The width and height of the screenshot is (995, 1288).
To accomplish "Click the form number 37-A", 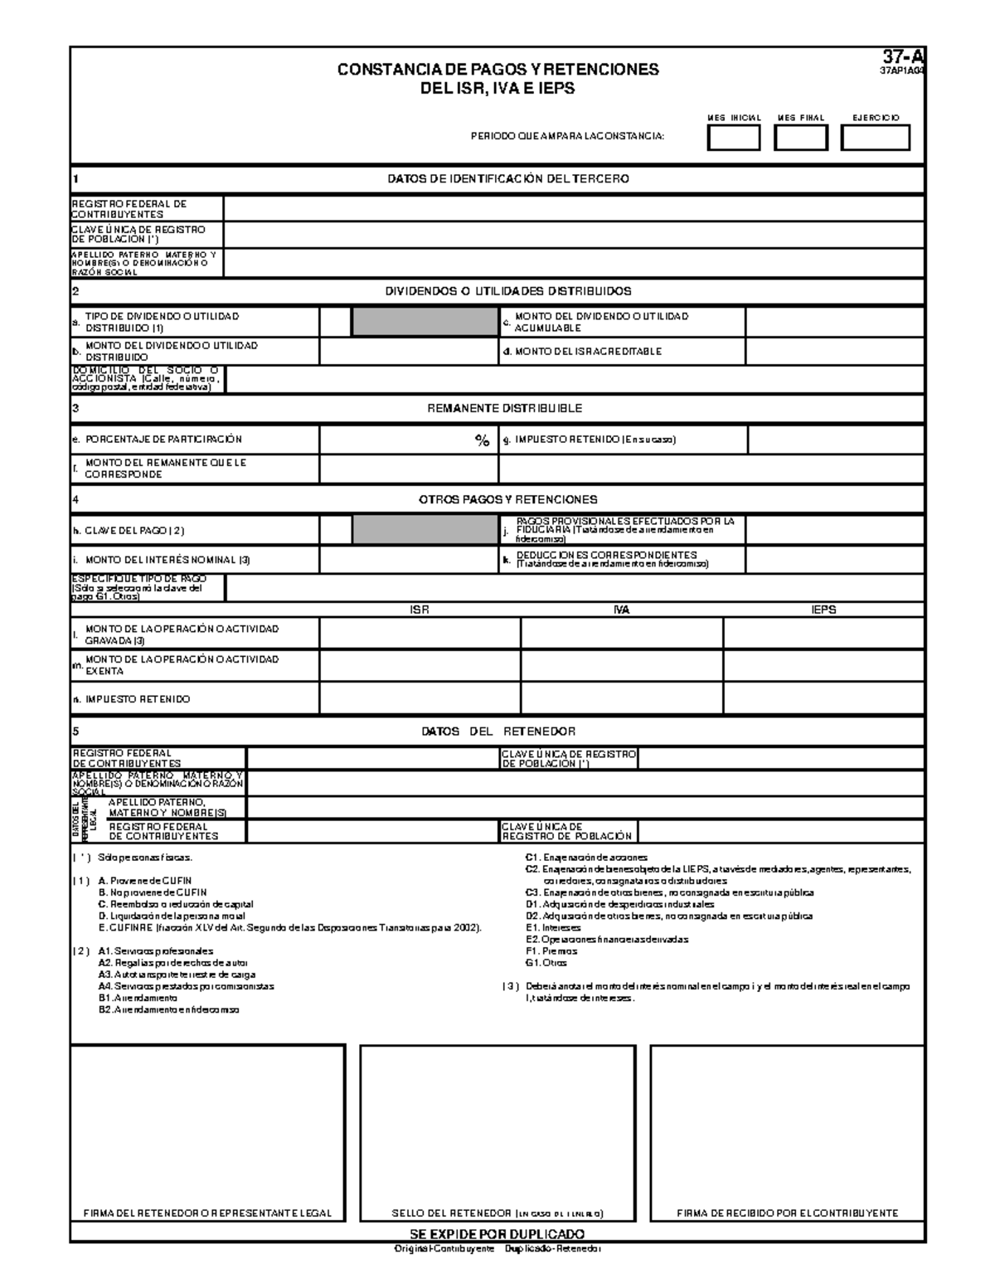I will (x=903, y=56).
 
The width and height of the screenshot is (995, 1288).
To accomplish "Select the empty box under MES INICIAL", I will (x=733, y=138).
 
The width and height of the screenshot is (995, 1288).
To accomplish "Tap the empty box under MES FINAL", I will (x=800, y=138).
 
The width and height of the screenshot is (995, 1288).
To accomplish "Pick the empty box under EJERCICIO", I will (x=875, y=138).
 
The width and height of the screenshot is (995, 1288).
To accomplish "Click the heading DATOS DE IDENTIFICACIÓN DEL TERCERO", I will (x=508, y=178).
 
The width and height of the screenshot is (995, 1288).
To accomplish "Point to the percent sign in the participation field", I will (x=482, y=441).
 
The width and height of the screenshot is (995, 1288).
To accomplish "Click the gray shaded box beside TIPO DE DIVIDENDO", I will (x=425, y=322).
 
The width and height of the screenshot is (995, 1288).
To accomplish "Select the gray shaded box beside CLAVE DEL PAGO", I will (x=425, y=530).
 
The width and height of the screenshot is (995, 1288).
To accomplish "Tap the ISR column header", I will (x=420, y=610).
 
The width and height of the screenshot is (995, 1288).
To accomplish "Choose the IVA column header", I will (x=621, y=610).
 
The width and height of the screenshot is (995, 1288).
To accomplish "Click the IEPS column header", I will (x=823, y=610).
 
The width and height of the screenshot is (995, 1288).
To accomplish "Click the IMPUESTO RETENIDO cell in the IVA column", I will (x=621, y=699).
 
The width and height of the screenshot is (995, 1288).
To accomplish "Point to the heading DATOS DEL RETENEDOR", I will (x=498, y=731).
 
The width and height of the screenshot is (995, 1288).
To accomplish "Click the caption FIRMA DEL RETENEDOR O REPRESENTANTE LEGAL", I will (x=207, y=1213).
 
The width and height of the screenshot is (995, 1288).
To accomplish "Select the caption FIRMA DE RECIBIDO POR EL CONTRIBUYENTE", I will (x=787, y=1213).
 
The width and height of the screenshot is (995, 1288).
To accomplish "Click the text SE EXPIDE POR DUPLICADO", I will (x=498, y=1233).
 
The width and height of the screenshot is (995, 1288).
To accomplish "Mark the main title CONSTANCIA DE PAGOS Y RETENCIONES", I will (x=498, y=70).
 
